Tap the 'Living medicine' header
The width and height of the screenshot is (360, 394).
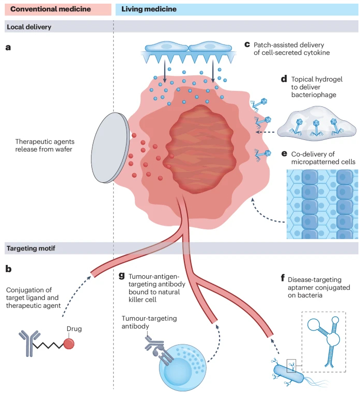point(149,9)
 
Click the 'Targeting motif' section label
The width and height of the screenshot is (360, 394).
point(32,248)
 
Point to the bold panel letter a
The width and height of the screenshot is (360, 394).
point(8,48)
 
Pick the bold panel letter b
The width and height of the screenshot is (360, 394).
point(8,269)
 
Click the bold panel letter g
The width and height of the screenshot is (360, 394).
point(121,275)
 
